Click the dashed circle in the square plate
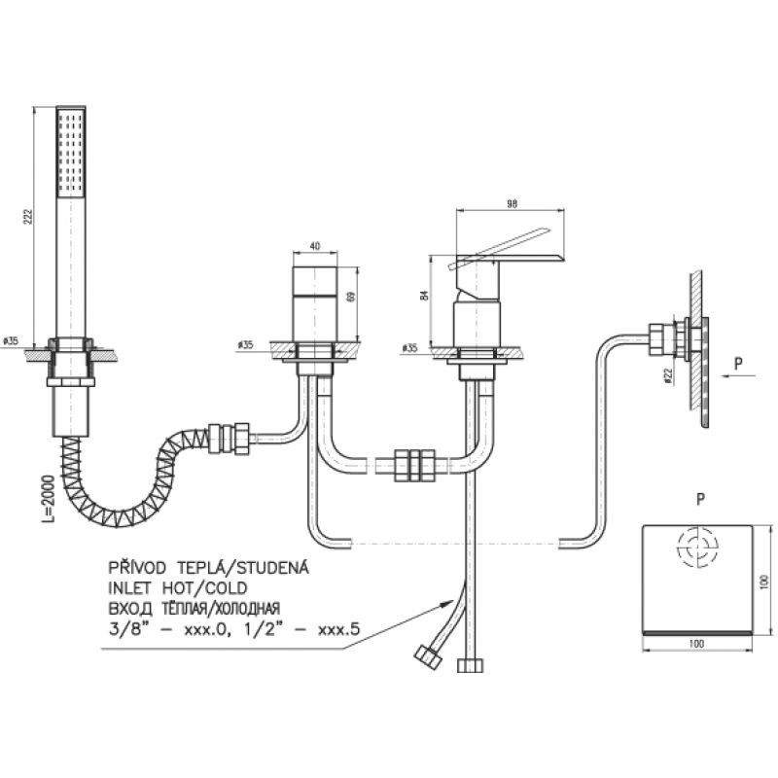click(698, 548)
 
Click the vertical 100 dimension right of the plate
click(765, 581)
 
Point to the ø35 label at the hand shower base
click(12, 340)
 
